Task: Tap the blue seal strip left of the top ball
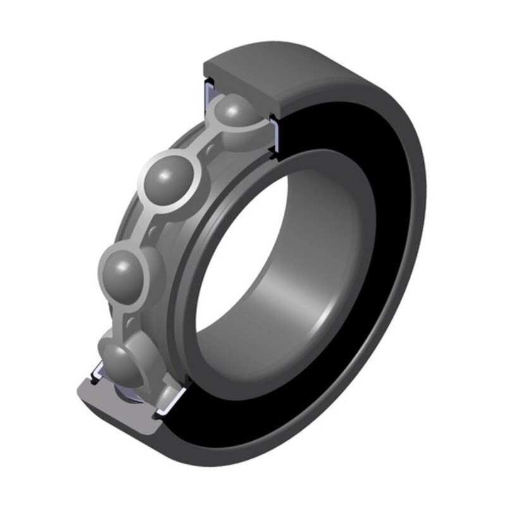click(207, 98)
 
